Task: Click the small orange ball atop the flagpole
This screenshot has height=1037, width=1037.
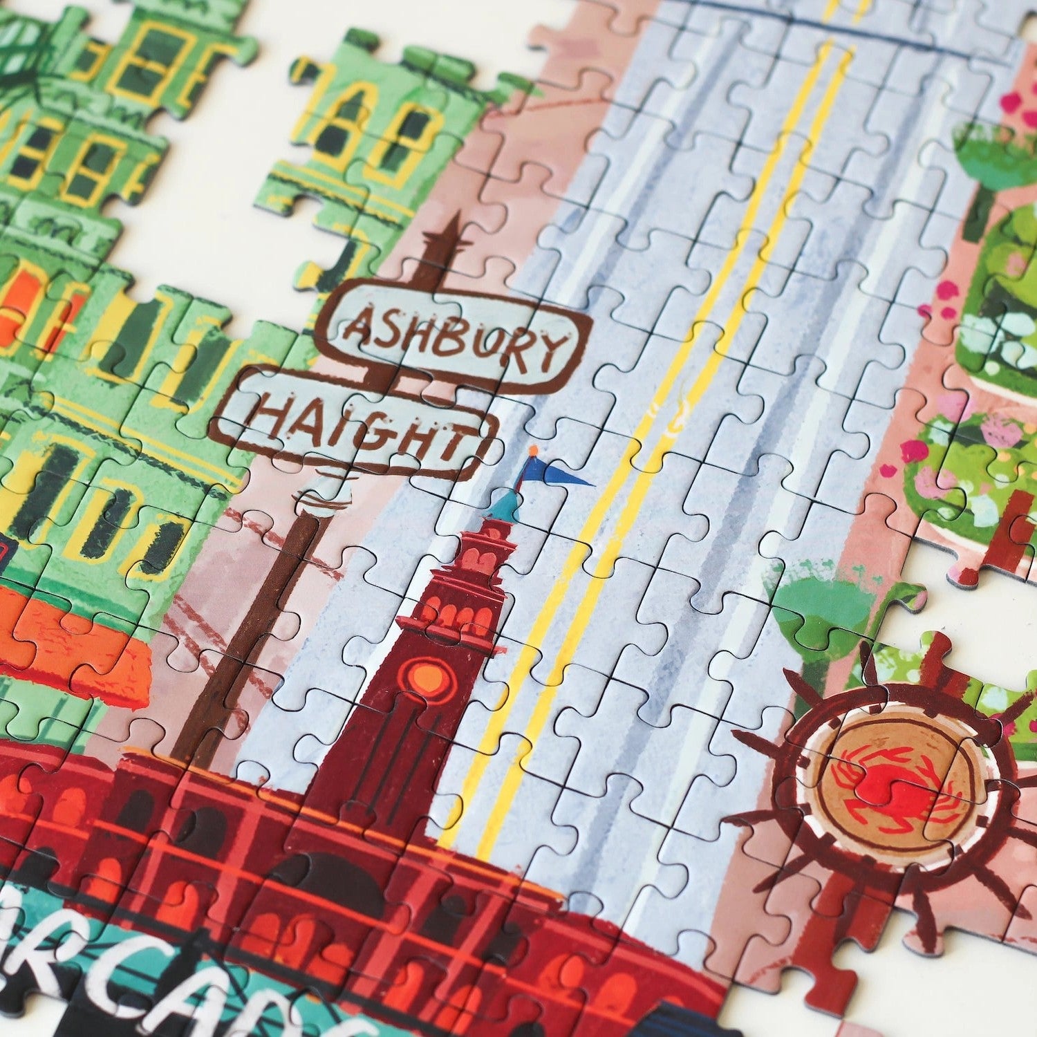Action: click(532, 451)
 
